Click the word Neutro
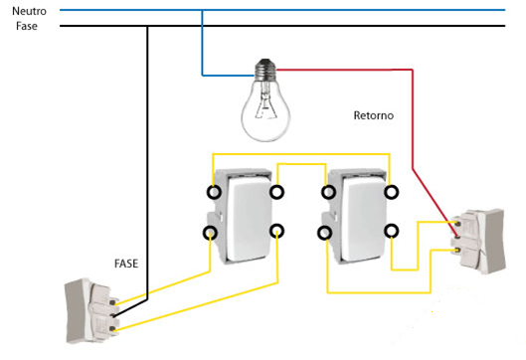29,11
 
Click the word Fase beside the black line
27,26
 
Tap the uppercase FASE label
126,264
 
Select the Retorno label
373,115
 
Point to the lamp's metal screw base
265,70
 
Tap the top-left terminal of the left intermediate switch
214,192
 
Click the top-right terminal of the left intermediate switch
276,192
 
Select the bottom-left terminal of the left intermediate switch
211,232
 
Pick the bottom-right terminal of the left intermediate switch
276,231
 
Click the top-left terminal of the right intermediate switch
328,192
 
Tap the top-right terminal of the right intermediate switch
392,192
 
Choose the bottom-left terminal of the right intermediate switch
325,233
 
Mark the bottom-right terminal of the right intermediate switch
392,231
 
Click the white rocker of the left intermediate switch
249,219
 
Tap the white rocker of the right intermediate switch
364,219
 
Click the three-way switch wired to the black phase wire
91,310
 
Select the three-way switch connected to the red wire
479,241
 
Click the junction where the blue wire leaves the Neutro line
202,10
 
